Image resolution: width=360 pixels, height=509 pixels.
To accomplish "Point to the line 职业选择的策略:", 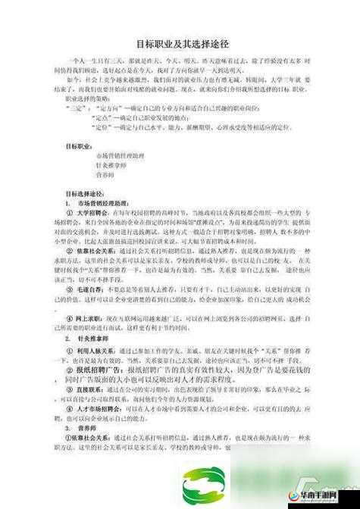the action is click(x=89, y=98).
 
